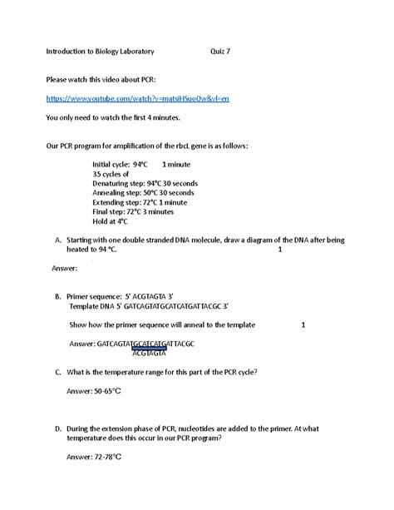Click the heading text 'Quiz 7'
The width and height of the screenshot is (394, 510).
[x=220, y=51]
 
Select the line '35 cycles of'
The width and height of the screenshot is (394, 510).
[x=111, y=175]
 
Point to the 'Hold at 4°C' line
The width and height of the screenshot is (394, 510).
[x=111, y=222]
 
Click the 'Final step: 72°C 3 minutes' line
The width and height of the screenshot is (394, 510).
[x=133, y=212]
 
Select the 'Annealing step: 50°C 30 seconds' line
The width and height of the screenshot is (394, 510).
[x=143, y=193]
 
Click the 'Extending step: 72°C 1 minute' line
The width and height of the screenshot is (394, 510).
[x=140, y=203]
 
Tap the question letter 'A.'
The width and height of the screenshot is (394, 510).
[x=57, y=240]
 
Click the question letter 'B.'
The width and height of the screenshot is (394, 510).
[x=57, y=296]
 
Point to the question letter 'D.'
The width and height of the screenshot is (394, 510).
[x=57, y=428]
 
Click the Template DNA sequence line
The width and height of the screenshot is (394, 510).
[x=155, y=306]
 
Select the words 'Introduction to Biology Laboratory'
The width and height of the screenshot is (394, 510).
[x=100, y=51]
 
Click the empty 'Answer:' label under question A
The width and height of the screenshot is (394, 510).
[x=66, y=268]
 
